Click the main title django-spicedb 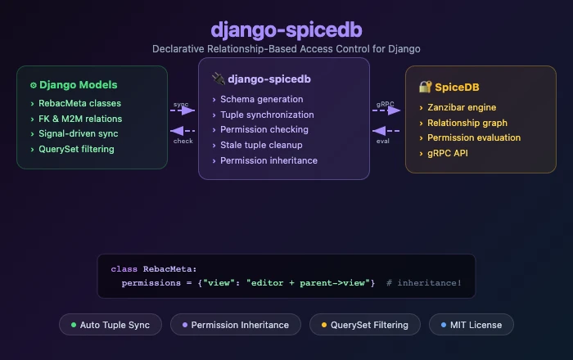286,29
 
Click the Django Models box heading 78,85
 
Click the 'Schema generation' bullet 262,99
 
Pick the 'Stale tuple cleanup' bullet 261,145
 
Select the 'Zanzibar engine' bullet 462,107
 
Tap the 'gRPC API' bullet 449,153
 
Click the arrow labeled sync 183,110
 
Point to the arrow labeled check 183,131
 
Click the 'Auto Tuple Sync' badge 111,325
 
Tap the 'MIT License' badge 471,325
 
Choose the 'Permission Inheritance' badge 236,325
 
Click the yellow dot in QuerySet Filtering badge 323,325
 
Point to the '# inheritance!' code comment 424,282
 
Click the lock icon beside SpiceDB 425,87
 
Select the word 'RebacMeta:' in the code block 170,268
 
